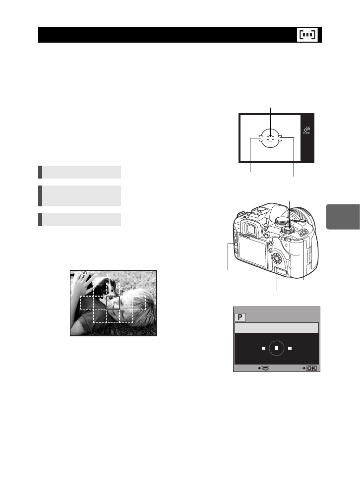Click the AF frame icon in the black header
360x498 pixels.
tap(308, 35)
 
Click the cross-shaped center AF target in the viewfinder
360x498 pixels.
tap(270, 139)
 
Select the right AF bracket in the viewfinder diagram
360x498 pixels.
tap(280, 139)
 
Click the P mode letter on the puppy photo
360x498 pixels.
tap(84, 273)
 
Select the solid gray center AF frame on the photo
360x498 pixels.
tap(113, 304)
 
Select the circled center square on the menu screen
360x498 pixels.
tap(276, 348)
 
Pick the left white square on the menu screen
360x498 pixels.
tap(263, 348)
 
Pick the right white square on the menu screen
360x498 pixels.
tap(290, 348)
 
